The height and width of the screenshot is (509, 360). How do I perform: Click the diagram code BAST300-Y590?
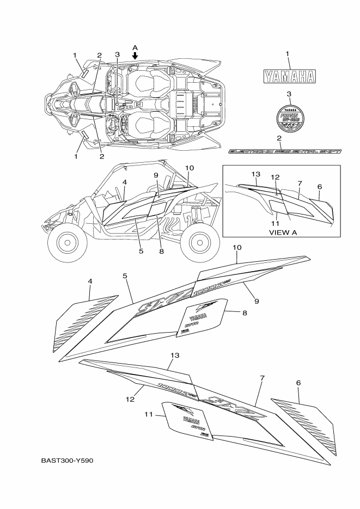pyautogui.click(x=68, y=460)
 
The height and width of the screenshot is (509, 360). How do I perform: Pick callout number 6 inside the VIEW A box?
pyautogui.click(x=319, y=187)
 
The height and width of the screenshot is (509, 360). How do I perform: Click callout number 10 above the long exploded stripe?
pyautogui.click(x=237, y=247)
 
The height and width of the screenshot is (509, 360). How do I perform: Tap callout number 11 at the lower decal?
pyautogui.click(x=148, y=414)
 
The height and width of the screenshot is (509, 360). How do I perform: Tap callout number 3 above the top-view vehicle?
pyautogui.click(x=117, y=54)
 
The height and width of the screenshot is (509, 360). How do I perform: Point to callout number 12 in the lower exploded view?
pyautogui.click(x=131, y=399)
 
